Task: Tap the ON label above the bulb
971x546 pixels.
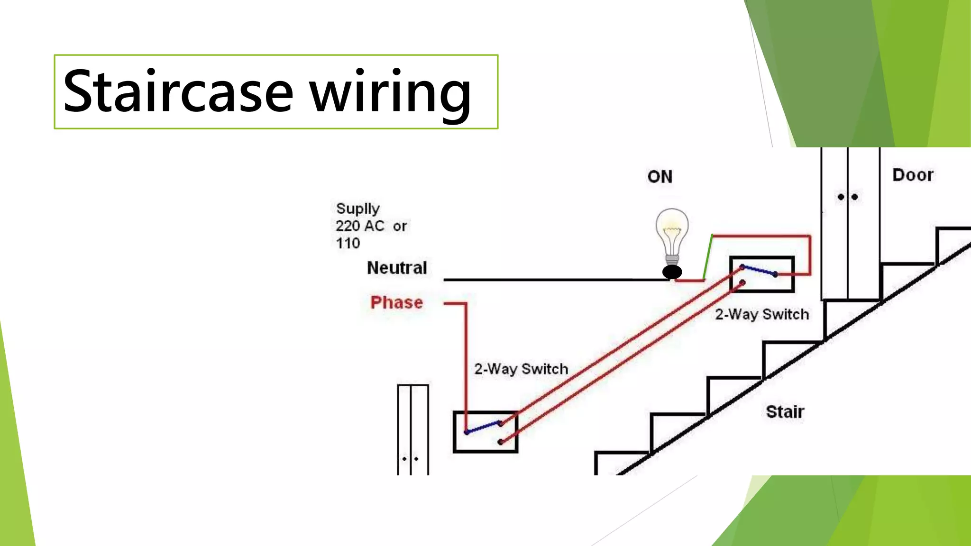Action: [660, 177]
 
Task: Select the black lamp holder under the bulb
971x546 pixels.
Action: [672, 272]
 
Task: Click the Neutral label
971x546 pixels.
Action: [397, 268]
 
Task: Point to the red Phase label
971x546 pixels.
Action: [396, 302]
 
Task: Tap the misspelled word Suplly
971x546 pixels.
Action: [357, 209]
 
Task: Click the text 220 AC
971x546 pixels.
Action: [360, 226]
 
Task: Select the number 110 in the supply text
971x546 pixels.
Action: [348, 244]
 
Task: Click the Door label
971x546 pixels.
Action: [913, 175]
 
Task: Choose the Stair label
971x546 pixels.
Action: [785, 411]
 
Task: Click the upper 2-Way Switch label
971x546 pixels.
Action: [762, 314]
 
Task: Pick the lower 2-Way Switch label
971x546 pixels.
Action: [521, 369]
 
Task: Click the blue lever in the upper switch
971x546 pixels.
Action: [759, 271]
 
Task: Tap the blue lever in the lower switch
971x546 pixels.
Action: [483, 427]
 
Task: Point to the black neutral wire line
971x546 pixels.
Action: [555, 280]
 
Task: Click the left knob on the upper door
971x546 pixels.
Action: [841, 197]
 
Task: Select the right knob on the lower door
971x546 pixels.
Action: [416, 459]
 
